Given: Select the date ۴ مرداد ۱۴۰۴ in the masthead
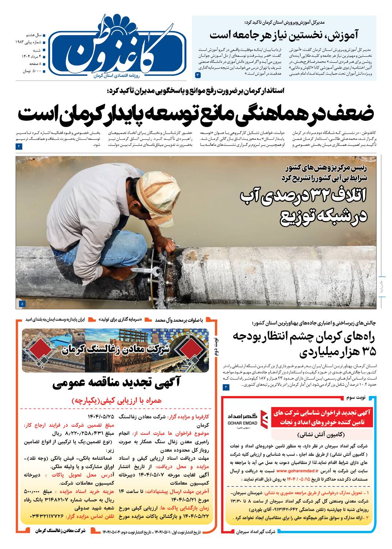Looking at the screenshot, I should [31, 56].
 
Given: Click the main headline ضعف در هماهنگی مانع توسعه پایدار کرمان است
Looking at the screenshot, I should [196, 114].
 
